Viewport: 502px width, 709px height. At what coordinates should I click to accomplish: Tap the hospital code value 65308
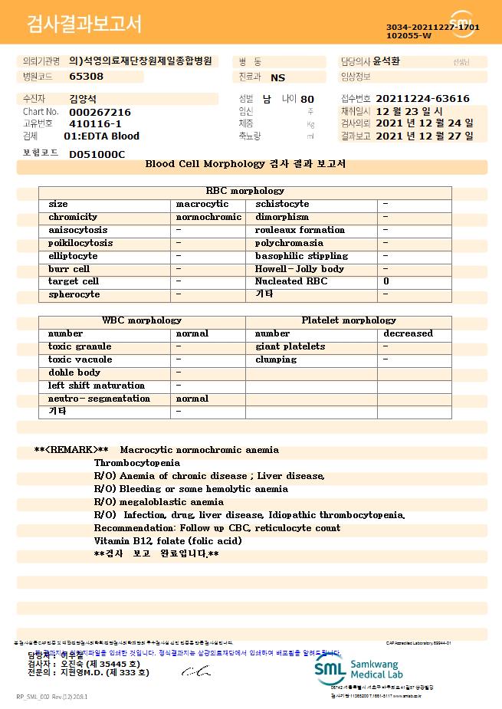(86, 77)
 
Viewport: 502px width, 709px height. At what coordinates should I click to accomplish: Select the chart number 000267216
(100, 112)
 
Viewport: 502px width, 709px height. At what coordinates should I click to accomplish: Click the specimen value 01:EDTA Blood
(101, 136)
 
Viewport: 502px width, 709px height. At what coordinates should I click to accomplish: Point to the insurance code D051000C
(97, 154)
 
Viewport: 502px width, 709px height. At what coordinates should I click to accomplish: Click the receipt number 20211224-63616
(422, 99)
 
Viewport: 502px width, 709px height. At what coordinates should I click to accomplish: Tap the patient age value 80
(307, 100)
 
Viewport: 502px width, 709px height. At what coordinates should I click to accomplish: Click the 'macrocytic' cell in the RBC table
(202, 205)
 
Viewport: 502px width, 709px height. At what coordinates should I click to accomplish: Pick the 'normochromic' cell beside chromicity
(208, 218)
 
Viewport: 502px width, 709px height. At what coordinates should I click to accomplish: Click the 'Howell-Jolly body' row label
(300, 269)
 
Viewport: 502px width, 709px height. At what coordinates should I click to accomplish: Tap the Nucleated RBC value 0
(386, 282)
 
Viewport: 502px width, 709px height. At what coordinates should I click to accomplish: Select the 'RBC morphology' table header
(245, 191)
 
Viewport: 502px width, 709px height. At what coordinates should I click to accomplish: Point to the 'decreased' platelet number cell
(408, 333)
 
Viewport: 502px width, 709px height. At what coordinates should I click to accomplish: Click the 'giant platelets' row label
(290, 346)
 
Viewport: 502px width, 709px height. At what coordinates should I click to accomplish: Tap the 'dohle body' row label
(74, 373)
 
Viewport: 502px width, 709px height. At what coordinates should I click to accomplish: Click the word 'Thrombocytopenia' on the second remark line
(137, 463)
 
